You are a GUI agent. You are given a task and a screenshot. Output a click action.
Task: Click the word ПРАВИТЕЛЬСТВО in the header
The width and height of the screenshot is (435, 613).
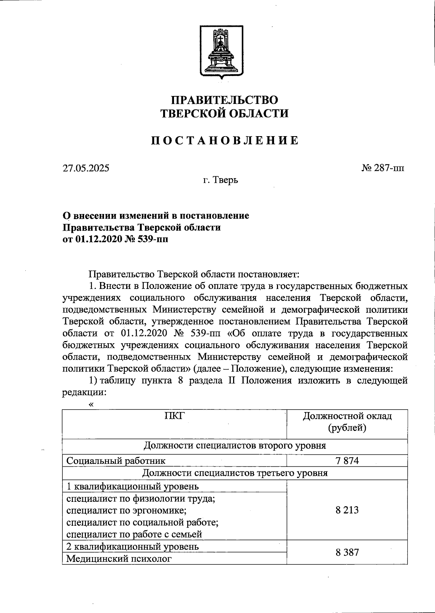(x=224, y=100)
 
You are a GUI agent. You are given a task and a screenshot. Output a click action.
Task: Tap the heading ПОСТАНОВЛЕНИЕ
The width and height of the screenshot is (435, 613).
(x=225, y=140)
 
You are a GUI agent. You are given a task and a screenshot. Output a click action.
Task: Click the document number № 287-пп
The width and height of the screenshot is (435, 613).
(x=383, y=168)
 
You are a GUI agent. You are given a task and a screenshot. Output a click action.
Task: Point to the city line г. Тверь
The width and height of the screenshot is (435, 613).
(x=220, y=180)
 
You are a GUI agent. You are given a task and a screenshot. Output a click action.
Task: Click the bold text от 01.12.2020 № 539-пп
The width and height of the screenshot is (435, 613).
(x=115, y=239)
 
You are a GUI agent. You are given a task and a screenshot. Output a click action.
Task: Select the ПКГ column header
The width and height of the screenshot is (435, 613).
(x=174, y=416)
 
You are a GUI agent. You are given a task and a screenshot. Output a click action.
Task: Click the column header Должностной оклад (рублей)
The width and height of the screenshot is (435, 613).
(x=347, y=422)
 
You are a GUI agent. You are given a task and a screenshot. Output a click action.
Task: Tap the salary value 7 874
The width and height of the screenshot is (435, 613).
(x=347, y=461)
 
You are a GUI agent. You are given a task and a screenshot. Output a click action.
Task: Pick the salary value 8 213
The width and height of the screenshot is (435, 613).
(x=347, y=510)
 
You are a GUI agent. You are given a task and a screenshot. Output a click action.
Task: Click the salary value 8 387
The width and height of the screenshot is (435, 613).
(x=347, y=552)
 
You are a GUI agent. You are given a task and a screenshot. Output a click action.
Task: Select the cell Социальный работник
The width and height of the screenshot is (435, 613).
(x=116, y=461)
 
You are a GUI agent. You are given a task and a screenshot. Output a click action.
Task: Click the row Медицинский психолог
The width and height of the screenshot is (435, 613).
(x=118, y=559)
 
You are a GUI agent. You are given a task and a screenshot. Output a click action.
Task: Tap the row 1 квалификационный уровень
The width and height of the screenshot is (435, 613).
(x=132, y=486)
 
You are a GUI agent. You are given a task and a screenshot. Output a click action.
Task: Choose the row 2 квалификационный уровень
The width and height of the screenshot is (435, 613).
(x=132, y=546)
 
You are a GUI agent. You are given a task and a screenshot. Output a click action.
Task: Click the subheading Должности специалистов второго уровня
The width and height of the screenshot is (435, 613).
(x=235, y=445)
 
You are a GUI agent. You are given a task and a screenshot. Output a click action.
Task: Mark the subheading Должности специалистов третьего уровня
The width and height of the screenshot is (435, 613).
(x=235, y=473)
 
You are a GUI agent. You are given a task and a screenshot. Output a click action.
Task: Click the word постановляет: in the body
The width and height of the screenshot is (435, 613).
(x=268, y=274)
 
